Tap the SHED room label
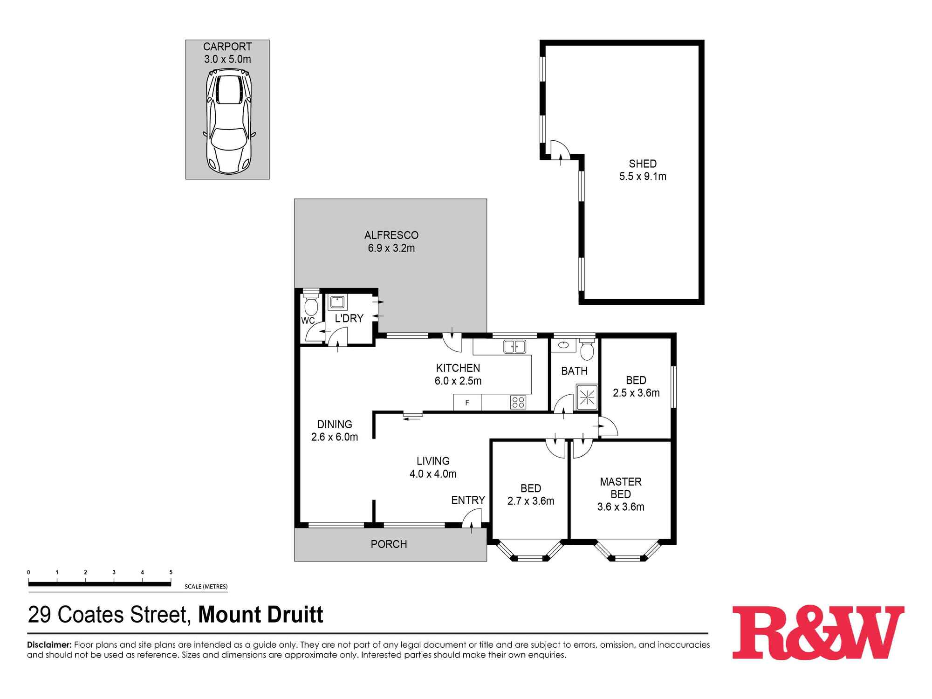[x=643, y=164]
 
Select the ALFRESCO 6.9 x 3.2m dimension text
[x=391, y=248]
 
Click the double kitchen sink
[x=514, y=347]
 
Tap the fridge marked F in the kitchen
[x=467, y=403]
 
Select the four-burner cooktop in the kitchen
[x=518, y=402]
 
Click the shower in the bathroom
[x=587, y=397]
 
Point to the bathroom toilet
[x=587, y=350]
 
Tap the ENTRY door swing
[x=473, y=518]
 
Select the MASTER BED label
[x=621, y=488]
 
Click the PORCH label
[x=389, y=544]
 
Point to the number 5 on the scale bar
[x=171, y=572]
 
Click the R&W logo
[x=818, y=632]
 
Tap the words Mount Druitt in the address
[x=260, y=615]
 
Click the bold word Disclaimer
[x=49, y=645]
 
